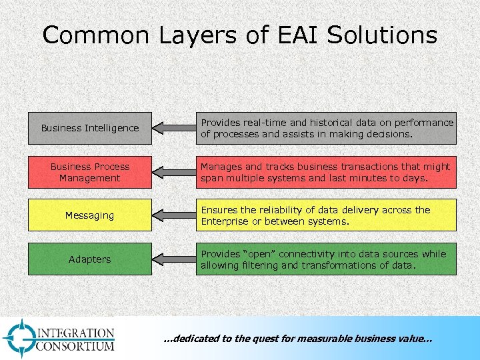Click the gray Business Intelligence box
click(x=89, y=128)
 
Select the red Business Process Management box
click(x=89, y=172)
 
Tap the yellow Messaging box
click(x=89, y=215)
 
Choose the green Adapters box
click(x=89, y=259)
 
